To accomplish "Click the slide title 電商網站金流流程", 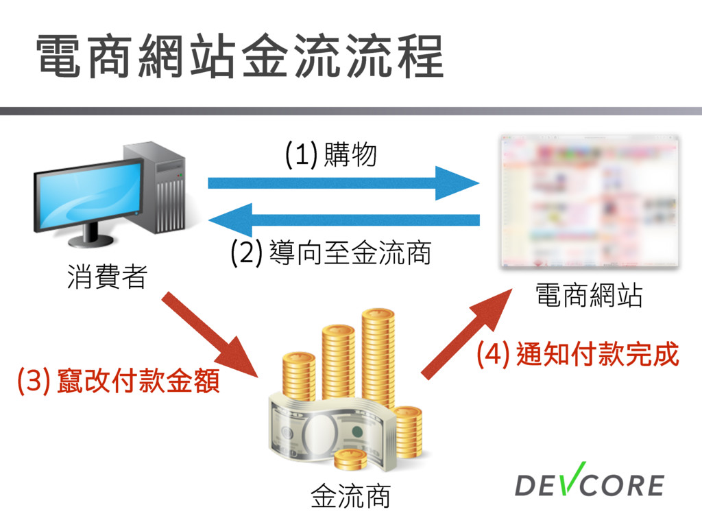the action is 240,56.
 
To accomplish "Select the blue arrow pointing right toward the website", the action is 343,183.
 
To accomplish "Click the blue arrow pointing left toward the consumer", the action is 343,220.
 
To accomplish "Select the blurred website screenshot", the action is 590,201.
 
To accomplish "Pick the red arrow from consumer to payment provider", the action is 210,334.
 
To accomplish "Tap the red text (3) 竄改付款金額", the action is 119,381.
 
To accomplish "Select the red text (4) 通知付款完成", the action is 577,355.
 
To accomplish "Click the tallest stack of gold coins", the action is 378,357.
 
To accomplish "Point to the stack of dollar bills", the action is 322,432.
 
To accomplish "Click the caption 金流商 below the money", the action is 350,496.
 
